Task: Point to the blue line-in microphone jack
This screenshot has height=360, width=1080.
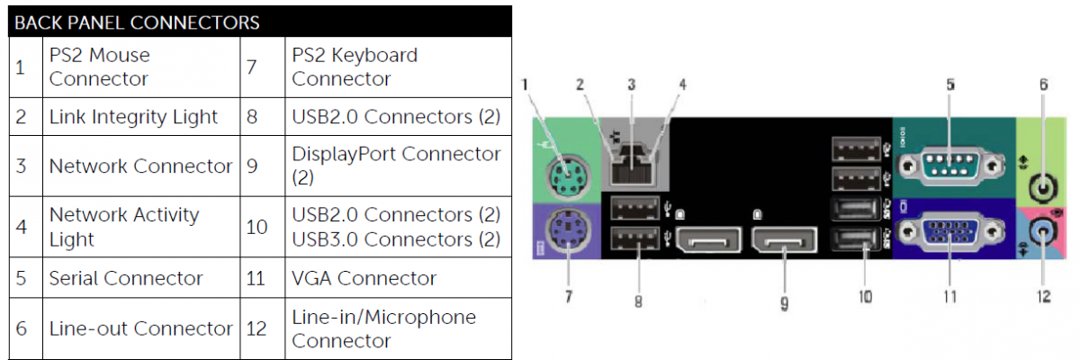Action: (1044, 232)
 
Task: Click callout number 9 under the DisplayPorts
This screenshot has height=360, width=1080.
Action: (784, 303)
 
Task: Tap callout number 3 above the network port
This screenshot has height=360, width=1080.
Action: (632, 85)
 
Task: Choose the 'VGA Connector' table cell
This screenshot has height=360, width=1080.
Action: (364, 278)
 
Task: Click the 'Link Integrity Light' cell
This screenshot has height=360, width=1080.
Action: (133, 116)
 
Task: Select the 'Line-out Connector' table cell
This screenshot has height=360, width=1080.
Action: (140, 328)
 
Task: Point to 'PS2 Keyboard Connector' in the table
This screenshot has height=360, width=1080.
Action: (355, 67)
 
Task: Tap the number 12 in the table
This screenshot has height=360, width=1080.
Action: (256, 328)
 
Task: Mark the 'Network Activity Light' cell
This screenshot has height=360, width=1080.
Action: (124, 227)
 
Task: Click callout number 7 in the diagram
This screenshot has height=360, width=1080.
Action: (569, 295)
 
